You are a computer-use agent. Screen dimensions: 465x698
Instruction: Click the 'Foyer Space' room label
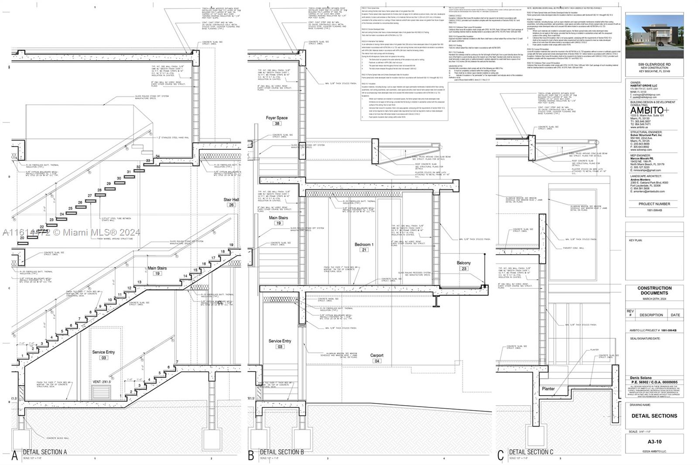click(277, 118)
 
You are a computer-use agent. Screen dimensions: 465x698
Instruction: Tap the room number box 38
click(277, 123)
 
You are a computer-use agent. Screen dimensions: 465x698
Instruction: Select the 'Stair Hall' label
click(231, 200)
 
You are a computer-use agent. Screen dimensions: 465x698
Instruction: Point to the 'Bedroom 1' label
click(364, 245)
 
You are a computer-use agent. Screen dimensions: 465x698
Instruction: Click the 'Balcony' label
click(464, 263)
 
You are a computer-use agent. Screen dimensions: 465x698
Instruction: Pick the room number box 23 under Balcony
click(464, 269)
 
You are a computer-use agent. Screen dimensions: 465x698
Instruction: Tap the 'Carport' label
click(377, 356)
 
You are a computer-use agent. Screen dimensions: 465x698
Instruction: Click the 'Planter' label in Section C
click(548, 389)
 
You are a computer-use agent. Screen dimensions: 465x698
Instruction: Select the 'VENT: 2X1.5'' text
click(102, 382)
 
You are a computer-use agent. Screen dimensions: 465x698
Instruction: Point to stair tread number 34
click(157, 156)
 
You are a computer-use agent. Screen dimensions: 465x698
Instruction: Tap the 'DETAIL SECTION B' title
click(282, 452)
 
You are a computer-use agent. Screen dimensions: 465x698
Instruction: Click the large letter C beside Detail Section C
click(500, 455)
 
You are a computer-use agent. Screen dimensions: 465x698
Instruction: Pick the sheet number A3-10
click(654, 441)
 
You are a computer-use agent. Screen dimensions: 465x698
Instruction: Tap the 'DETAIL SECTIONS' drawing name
click(654, 416)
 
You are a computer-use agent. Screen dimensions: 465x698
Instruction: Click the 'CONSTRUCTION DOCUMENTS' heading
click(654, 291)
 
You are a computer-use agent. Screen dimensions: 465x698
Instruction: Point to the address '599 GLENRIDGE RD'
click(654, 65)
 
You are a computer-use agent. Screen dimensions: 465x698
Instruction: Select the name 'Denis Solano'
click(641, 378)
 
